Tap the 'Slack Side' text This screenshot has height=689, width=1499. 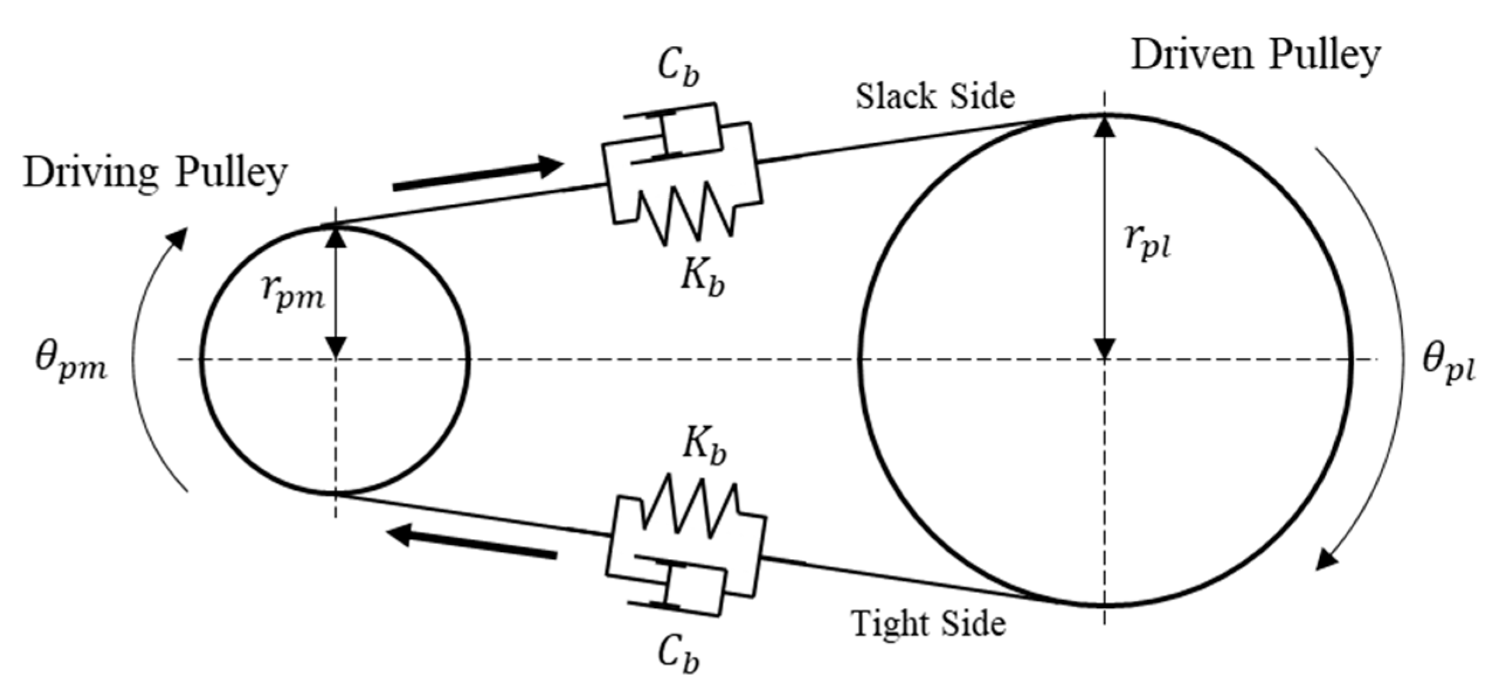[935, 96]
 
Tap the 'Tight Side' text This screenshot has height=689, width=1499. [928, 624]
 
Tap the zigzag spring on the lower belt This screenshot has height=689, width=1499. [690, 507]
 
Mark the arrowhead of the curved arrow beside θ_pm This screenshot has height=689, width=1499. [178, 238]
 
